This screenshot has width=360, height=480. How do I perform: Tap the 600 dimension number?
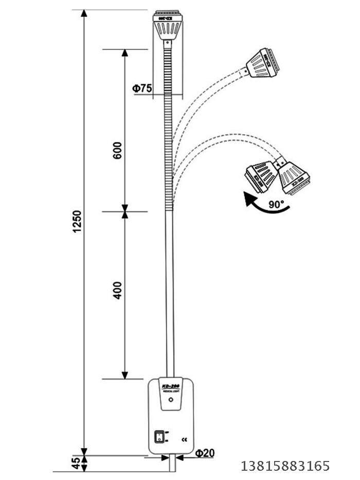[118, 150]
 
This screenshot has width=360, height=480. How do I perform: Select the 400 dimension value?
[118, 290]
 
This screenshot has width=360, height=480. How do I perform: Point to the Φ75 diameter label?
[142, 88]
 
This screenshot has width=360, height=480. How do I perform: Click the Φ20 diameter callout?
[205, 453]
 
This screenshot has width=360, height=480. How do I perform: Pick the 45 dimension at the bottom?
[76, 464]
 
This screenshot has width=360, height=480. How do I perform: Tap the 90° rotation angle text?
[276, 204]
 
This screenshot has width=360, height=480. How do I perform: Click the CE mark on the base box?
[185, 439]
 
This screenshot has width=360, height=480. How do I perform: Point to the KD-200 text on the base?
[171, 385]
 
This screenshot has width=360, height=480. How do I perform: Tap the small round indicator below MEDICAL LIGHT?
[171, 399]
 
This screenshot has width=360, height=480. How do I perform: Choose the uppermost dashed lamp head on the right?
[263, 63]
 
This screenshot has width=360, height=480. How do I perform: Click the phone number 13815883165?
[285, 466]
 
